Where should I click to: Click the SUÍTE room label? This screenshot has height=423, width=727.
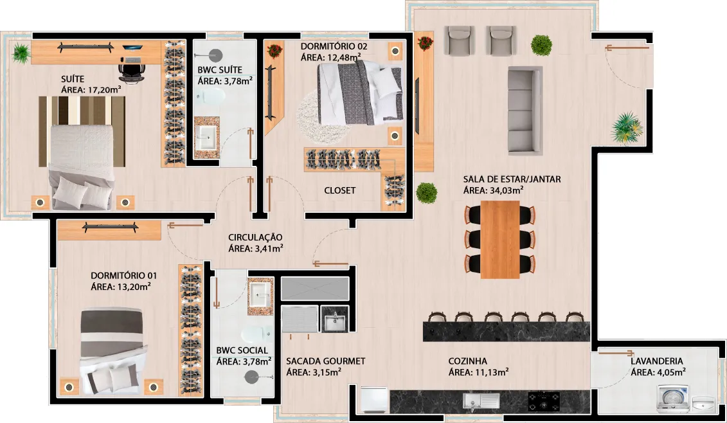(73, 79)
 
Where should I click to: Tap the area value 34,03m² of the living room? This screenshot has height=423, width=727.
(507, 190)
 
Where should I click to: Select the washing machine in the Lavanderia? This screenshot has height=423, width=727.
(672, 399)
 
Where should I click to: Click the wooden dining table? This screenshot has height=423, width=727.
(500, 239)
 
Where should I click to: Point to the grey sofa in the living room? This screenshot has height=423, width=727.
(525, 111)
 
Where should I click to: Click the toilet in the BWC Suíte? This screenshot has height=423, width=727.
(211, 96)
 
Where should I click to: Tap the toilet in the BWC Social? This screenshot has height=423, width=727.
(256, 334)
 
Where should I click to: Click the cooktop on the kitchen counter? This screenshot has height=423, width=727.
(543, 401)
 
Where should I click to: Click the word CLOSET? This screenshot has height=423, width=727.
(340, 190)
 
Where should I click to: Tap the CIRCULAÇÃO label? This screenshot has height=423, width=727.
(255, 237)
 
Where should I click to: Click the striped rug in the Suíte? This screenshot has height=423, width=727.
(82, 131)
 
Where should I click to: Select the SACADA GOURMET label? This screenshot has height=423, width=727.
(325, 361)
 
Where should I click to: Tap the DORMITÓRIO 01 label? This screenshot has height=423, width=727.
(124, 276)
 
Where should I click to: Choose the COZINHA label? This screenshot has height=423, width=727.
(467, 361)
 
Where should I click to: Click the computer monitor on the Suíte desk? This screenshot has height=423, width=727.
(133, 47)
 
